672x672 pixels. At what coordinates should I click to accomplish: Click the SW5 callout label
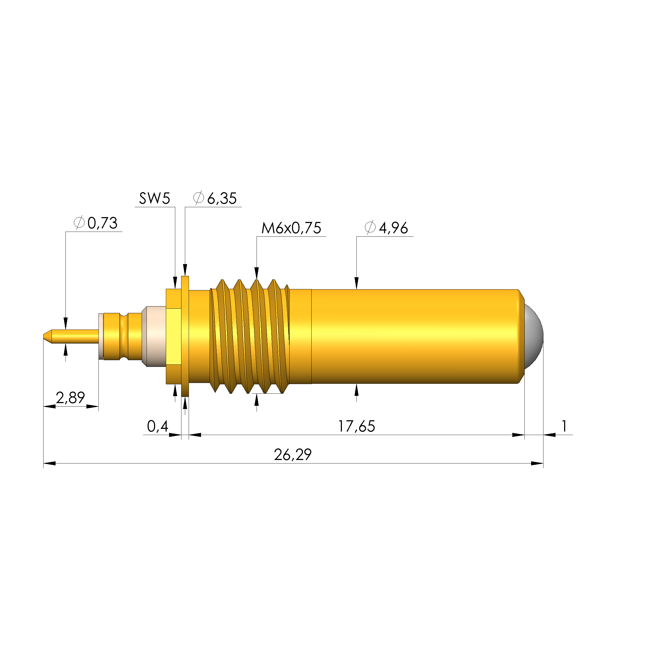coord(154,199)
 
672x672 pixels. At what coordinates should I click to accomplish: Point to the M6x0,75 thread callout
coord(291,228)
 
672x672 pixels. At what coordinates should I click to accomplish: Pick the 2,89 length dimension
coord(70,397)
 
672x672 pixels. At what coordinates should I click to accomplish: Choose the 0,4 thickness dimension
coord(157,426)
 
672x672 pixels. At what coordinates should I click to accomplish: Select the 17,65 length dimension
coord(356,426)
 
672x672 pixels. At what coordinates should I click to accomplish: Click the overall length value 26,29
coord(293,455)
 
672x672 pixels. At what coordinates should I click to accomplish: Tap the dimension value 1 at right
coord(564,426)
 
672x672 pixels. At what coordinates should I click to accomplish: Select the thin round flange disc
coord(185,336)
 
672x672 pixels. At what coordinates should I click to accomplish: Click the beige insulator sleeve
coord(155,336)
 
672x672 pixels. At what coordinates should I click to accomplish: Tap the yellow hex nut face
coord(173,336)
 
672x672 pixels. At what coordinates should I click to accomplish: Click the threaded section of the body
coord(250,336)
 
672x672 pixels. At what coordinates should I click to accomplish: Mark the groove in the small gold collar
coord(124,336)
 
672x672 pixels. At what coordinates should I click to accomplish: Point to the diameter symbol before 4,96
coord(370,228)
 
